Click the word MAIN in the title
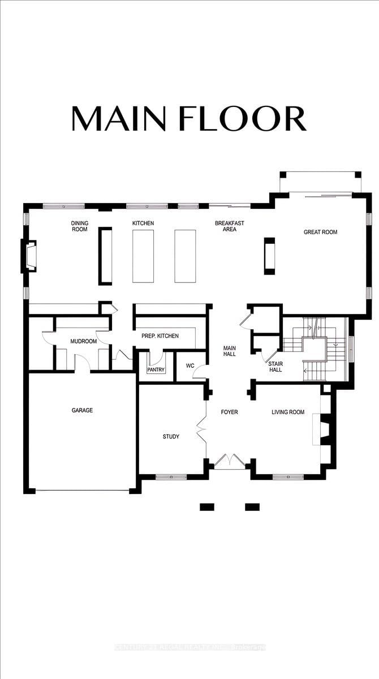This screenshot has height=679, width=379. coord(119,118)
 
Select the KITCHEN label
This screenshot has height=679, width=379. coord(143,224)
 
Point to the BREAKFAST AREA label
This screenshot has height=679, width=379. coord(229,226)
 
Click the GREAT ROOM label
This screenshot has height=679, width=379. coord(320,232)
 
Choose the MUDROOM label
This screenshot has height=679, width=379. coord(83,342)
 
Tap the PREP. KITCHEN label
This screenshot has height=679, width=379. coord(160,336)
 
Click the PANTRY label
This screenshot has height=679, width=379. coord(155,369)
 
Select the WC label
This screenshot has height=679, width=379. coord(190,366)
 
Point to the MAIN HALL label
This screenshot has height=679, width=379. coord(229,351)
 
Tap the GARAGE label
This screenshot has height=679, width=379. coord(82,410)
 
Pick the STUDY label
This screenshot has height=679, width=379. coord(171,436)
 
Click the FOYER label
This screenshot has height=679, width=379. coord(229,412)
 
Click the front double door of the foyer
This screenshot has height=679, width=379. coord(229,461)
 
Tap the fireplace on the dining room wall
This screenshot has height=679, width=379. coord(29,256)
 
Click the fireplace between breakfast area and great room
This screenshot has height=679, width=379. coord(269,256)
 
